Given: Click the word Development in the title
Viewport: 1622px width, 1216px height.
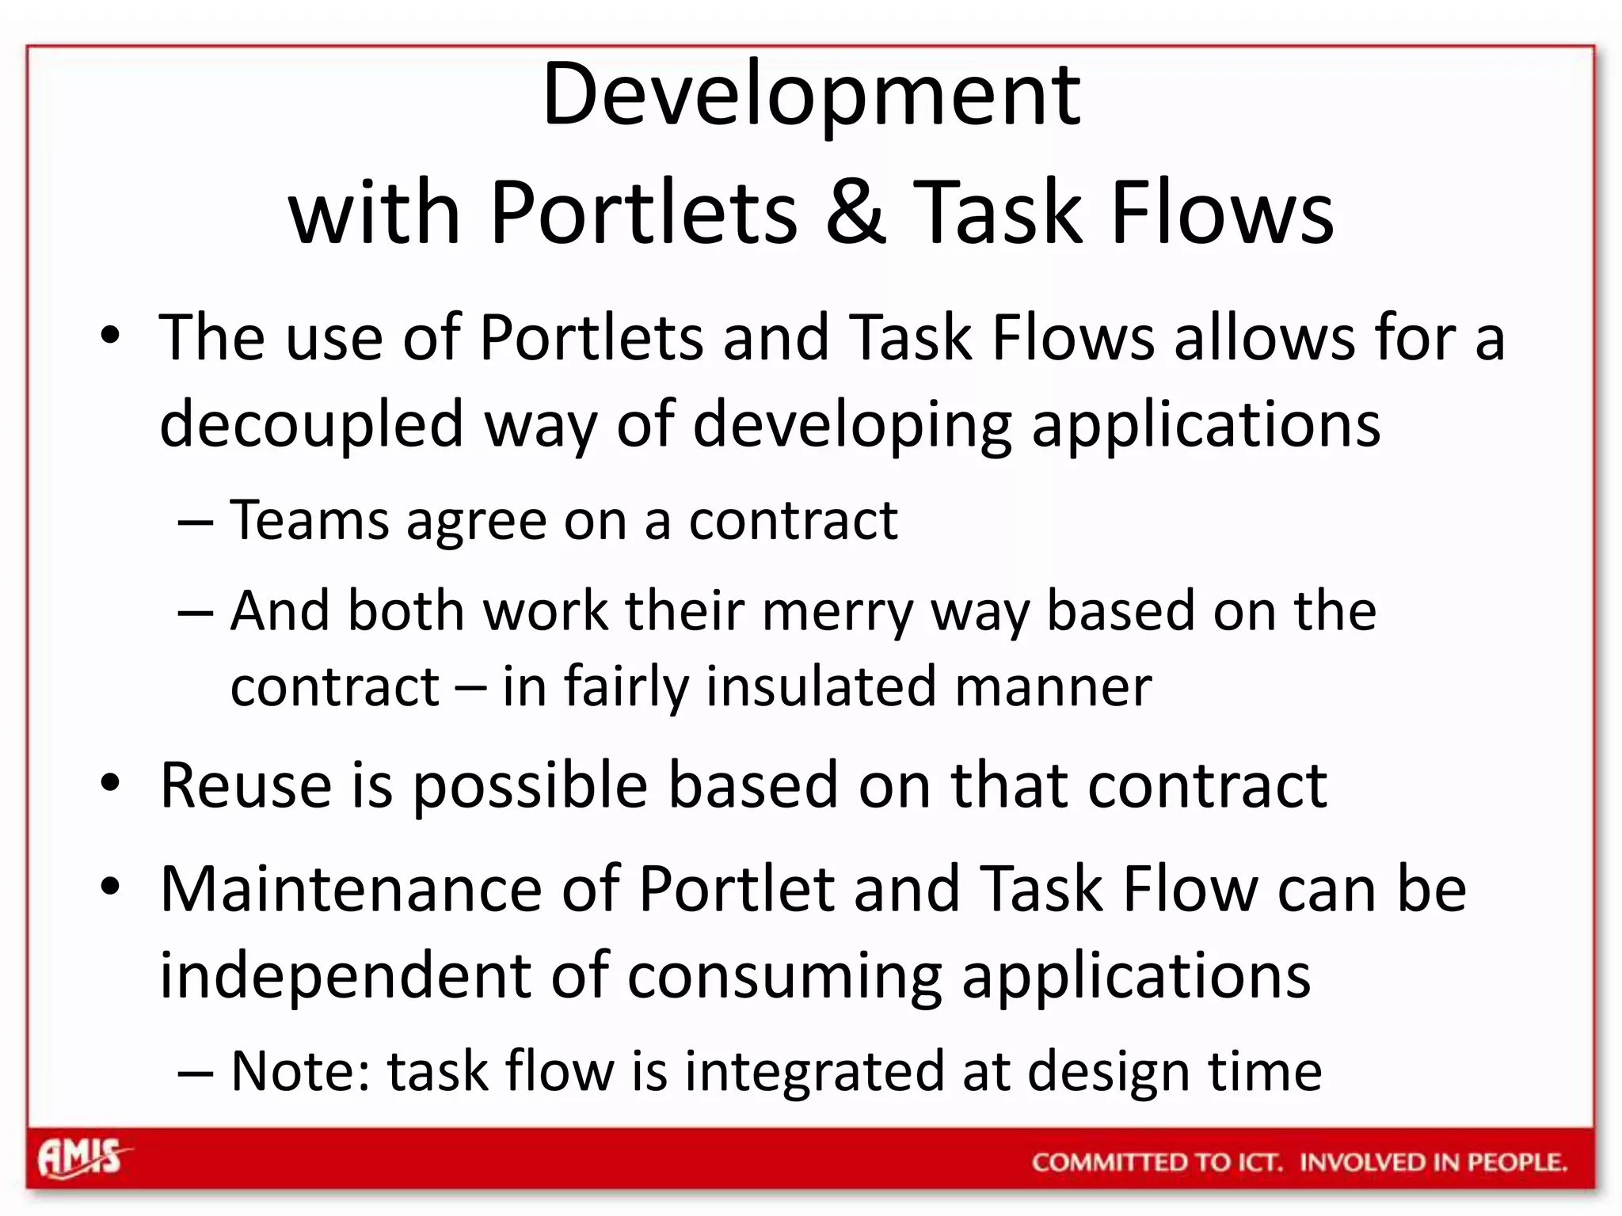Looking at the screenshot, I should pos(811,95).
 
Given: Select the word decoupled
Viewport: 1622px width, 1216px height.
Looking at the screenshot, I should pos(310,424).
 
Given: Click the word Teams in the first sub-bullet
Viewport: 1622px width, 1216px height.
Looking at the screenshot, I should pos(309,521).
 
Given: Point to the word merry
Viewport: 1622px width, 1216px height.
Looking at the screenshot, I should pos(838,613).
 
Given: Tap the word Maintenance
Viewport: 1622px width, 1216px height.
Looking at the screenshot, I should pos(351,889).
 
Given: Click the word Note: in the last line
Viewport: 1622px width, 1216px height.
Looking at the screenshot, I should pos(299,1071).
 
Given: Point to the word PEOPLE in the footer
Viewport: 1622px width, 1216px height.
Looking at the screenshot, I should pos(1516,1162).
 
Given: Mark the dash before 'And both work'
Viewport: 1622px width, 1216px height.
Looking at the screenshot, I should pos(196,613).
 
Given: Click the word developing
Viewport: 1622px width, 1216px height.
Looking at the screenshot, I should pos(852,425).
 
